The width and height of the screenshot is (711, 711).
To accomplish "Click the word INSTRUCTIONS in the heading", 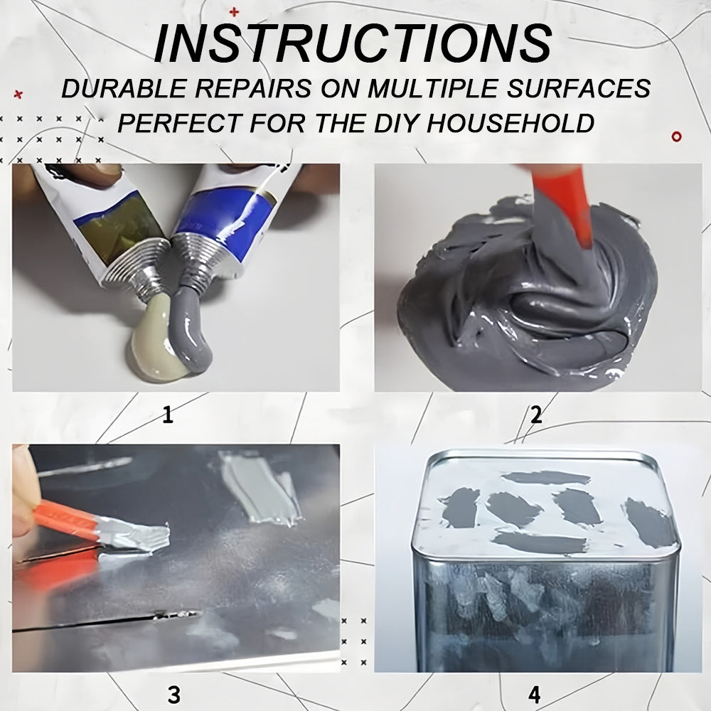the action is (x=353, y=43).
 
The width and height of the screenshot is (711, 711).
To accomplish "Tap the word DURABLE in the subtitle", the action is (x=124, y=88).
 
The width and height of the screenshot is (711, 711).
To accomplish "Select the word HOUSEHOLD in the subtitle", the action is (x=510, y=122).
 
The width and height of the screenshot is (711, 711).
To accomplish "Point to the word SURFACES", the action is (x=579, y=88).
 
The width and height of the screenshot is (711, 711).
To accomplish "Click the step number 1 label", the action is (x=168, y=415).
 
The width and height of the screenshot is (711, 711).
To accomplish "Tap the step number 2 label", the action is (x=536, y=415).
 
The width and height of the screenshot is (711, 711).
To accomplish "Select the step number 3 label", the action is (x=173, y=694).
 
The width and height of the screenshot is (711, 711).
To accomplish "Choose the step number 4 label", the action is (x=535, y=694).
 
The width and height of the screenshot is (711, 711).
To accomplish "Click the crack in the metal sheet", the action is (x=107, y=621).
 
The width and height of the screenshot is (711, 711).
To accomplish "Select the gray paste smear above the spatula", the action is (x=262, y=489).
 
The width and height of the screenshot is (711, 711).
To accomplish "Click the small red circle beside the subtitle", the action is (x=677, y=136).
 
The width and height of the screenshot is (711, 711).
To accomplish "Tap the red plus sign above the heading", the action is (x=234, y=12).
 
